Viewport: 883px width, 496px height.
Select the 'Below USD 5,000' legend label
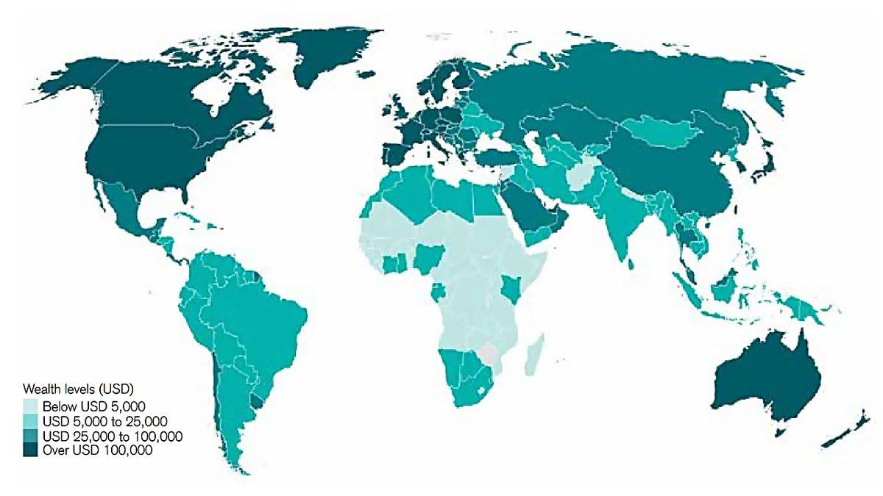(94, 406)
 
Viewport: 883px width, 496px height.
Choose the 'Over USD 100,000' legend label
(97, 451)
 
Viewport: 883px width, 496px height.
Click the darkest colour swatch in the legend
(30, 451)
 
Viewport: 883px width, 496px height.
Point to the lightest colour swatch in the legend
(30, 406)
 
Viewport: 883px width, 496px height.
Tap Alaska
(74, 73)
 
